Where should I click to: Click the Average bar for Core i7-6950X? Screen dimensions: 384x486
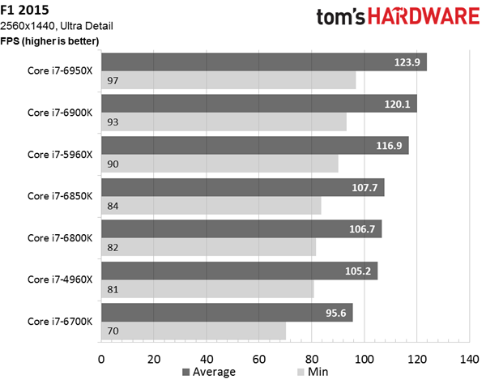(x=263, y=62)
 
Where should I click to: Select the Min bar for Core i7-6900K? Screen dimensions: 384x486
(x=223, y=122)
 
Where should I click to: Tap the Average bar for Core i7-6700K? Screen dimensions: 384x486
(x=226, y=312)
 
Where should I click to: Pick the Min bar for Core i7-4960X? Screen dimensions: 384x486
(x=207, y=289)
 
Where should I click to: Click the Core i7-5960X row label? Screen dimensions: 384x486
(x=58, y=154)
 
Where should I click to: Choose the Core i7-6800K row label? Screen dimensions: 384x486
(x=58, y=237)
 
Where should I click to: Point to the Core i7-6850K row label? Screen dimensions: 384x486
(x=58, y=195)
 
